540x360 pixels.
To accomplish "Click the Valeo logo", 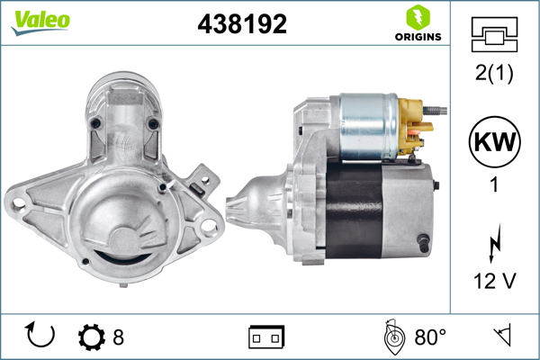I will (x=40, y=22).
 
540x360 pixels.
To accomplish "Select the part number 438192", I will (x=242, y=24).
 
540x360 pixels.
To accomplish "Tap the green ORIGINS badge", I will (x=417, y=24).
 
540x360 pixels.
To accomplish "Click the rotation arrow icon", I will (x=40, y=336).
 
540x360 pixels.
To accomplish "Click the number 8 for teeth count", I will (x=118, y=337).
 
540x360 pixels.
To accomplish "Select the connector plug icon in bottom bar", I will (x=265, y=337).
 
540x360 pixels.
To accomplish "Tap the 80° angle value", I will (x=430, y=337).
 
